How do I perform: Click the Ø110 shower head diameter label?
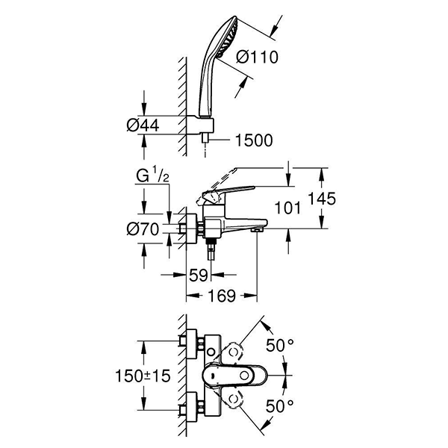point(253,55)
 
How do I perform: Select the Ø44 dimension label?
point(142,125)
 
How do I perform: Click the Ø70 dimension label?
point(142,229)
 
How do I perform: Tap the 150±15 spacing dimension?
point(140,373)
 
